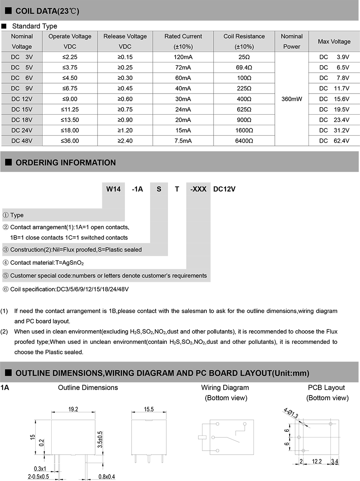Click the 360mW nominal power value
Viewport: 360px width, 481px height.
[292, 99]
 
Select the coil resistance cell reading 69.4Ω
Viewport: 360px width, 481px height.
[244, 68]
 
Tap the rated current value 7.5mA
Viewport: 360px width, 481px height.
[183, 141]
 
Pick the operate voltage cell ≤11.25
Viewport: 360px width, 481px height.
[70, 110]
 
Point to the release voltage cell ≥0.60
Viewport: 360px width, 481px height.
[125, 99]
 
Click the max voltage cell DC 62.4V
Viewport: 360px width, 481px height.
[334, 141]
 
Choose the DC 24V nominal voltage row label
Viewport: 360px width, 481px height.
[22, 130]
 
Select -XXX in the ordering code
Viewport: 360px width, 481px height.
[198, 189]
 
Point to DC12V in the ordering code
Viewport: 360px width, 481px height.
[224, 189]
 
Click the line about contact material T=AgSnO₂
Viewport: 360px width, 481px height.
[47, 263]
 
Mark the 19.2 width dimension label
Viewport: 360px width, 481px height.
[73, 409]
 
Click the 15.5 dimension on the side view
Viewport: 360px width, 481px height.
[148, 409]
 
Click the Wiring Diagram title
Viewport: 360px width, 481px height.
[225, 387]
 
